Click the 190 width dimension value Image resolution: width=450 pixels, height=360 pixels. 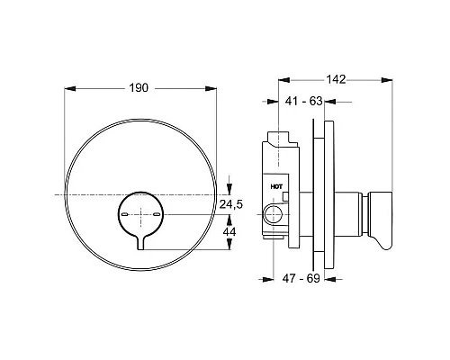coord(138,89)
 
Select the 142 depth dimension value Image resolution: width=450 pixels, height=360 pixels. coord(336,79)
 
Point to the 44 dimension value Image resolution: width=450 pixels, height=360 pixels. coord(229,230)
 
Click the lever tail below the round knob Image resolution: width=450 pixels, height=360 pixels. coord(140,240)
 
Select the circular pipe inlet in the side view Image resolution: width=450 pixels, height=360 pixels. coord(273,213)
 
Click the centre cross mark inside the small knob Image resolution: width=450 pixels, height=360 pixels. coord(140,214)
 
